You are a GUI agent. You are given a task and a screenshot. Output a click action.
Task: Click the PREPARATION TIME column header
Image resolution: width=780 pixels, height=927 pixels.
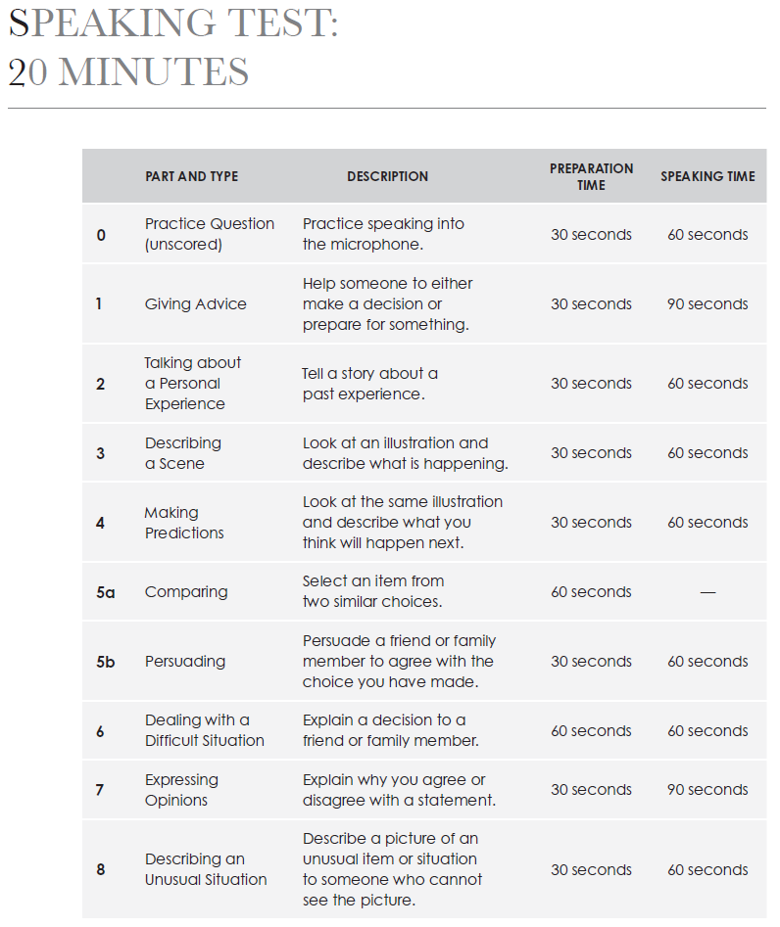(x=591, y=176)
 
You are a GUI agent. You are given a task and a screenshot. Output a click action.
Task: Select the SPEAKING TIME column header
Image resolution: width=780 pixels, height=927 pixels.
(x=707, y=177)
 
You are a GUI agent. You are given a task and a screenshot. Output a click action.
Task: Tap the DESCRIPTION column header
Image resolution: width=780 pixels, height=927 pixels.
(x=387, y=177)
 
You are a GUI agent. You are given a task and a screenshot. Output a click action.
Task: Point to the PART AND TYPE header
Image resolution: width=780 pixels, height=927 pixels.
(x=191, y=177)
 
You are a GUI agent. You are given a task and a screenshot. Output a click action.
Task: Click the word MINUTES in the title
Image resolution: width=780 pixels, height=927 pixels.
(x=153, y=72)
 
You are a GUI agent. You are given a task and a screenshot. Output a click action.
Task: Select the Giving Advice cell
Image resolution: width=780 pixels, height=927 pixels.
(x=196, y=304)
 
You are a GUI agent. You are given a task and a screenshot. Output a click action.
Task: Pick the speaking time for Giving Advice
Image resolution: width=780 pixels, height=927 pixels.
(x=707, y=304)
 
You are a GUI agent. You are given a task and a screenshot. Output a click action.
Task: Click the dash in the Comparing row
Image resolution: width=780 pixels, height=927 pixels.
(x=707, y=592)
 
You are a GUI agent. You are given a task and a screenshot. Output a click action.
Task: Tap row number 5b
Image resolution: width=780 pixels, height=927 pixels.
(x=105, y=662)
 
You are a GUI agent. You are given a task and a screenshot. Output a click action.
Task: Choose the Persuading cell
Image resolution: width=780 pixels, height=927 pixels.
(x=185, y=662)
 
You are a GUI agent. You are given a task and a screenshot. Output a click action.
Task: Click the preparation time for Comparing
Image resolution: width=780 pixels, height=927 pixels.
(x=591, y=592)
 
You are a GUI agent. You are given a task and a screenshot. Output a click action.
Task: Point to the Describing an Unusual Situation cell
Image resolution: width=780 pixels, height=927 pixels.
(x=206, y=869)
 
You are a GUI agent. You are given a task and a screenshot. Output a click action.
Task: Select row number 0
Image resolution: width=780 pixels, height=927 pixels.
(x=101, y=235)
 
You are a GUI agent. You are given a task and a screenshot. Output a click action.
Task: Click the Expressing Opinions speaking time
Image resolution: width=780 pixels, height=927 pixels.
(x=707, y=790)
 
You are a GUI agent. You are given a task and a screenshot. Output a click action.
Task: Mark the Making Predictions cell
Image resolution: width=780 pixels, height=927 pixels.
(x=184, y=523)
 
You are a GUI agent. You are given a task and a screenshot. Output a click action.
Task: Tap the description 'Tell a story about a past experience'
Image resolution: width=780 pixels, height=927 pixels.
(x=370, y=384)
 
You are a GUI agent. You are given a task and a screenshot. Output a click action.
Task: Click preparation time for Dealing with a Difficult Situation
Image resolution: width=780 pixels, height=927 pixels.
(x=591, y=731)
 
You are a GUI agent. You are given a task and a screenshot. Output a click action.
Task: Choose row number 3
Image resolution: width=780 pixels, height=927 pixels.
(x=100, y=453)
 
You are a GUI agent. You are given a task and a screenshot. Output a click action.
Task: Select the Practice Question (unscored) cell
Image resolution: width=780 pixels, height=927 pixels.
(x=210, y=235)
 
